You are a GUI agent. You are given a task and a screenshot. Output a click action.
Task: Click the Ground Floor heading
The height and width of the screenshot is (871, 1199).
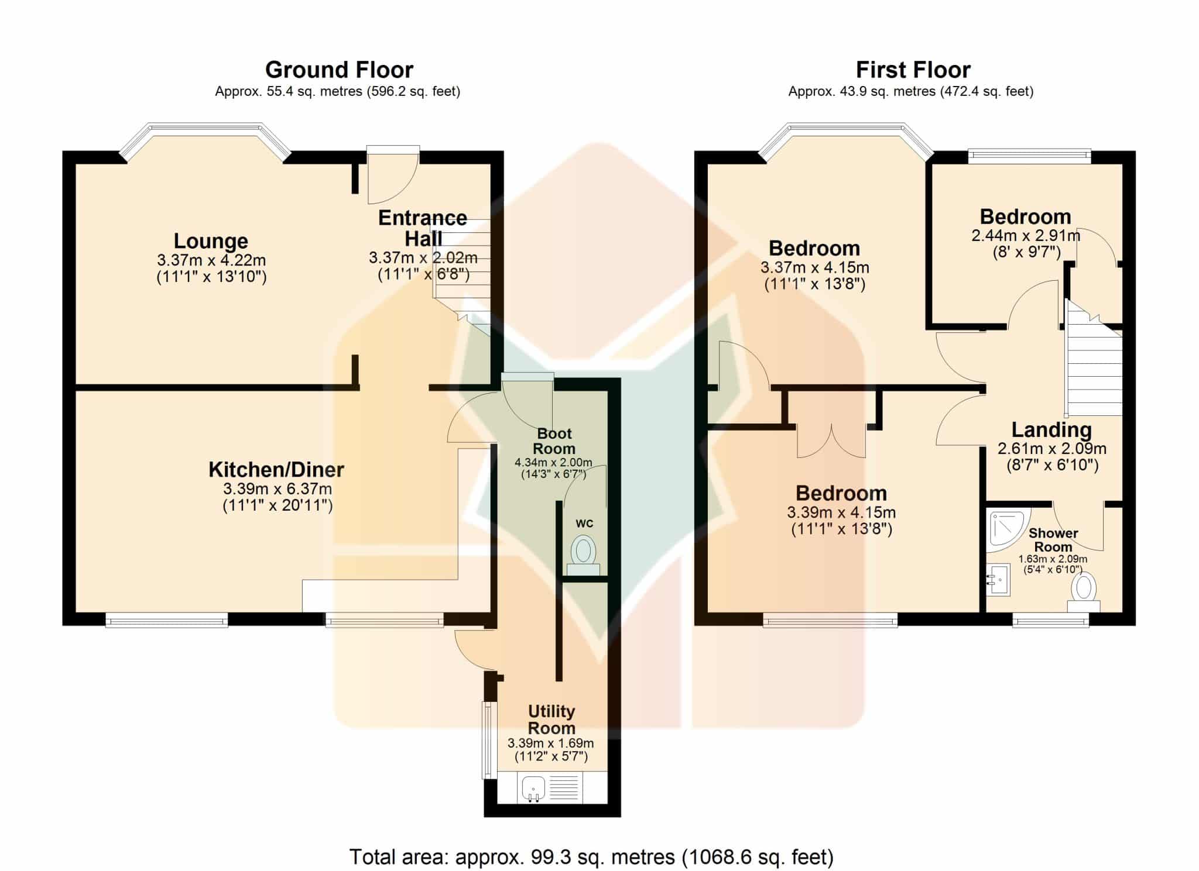click(339, 70)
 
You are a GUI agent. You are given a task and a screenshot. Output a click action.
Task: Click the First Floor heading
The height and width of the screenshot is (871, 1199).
click(913, 70)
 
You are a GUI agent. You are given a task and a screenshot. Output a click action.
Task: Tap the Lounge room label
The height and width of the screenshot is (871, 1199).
click(211, 241)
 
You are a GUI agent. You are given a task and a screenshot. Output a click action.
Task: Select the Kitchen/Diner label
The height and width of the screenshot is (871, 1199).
click(276, 469)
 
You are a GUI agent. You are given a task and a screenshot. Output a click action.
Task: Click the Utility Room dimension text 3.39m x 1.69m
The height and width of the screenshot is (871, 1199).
click(550, 743)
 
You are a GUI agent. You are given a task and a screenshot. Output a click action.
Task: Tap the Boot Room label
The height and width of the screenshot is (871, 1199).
click(554, 441)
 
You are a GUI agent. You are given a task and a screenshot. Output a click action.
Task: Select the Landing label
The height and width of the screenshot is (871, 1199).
click(1051, 430)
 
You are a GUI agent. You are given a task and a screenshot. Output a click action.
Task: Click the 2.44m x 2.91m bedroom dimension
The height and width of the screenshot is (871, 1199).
click(1026, 236)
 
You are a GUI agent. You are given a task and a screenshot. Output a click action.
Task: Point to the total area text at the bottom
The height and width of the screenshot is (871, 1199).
click(591, 857)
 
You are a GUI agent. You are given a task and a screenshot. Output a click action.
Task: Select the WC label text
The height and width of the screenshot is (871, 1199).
click(584, 524)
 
